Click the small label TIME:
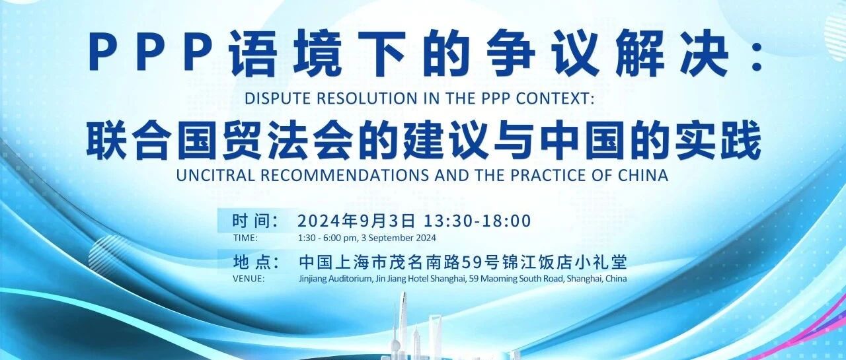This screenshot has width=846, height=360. tap(245, 238)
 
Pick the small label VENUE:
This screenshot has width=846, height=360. tap(249, 279)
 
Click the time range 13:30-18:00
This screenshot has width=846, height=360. tap(477, 221)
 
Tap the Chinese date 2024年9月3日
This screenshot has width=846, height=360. tap(356, 221)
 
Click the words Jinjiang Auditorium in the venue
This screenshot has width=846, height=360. tap(334, 279)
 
